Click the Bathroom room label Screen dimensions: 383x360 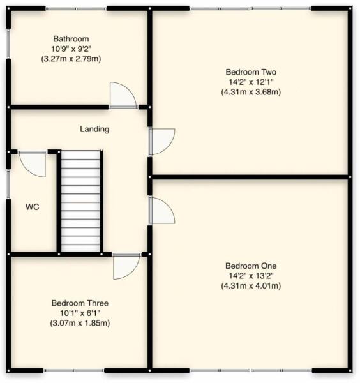(71, 38)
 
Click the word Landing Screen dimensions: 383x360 (94, 129)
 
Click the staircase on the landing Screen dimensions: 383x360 (81, 201)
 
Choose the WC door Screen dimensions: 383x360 (33, 163)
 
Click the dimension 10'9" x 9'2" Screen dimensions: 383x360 (71, 49)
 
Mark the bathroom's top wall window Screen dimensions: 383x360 (76, 8)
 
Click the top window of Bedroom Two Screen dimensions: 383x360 (250, 8)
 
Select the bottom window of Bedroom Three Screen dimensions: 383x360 (73, 370)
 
